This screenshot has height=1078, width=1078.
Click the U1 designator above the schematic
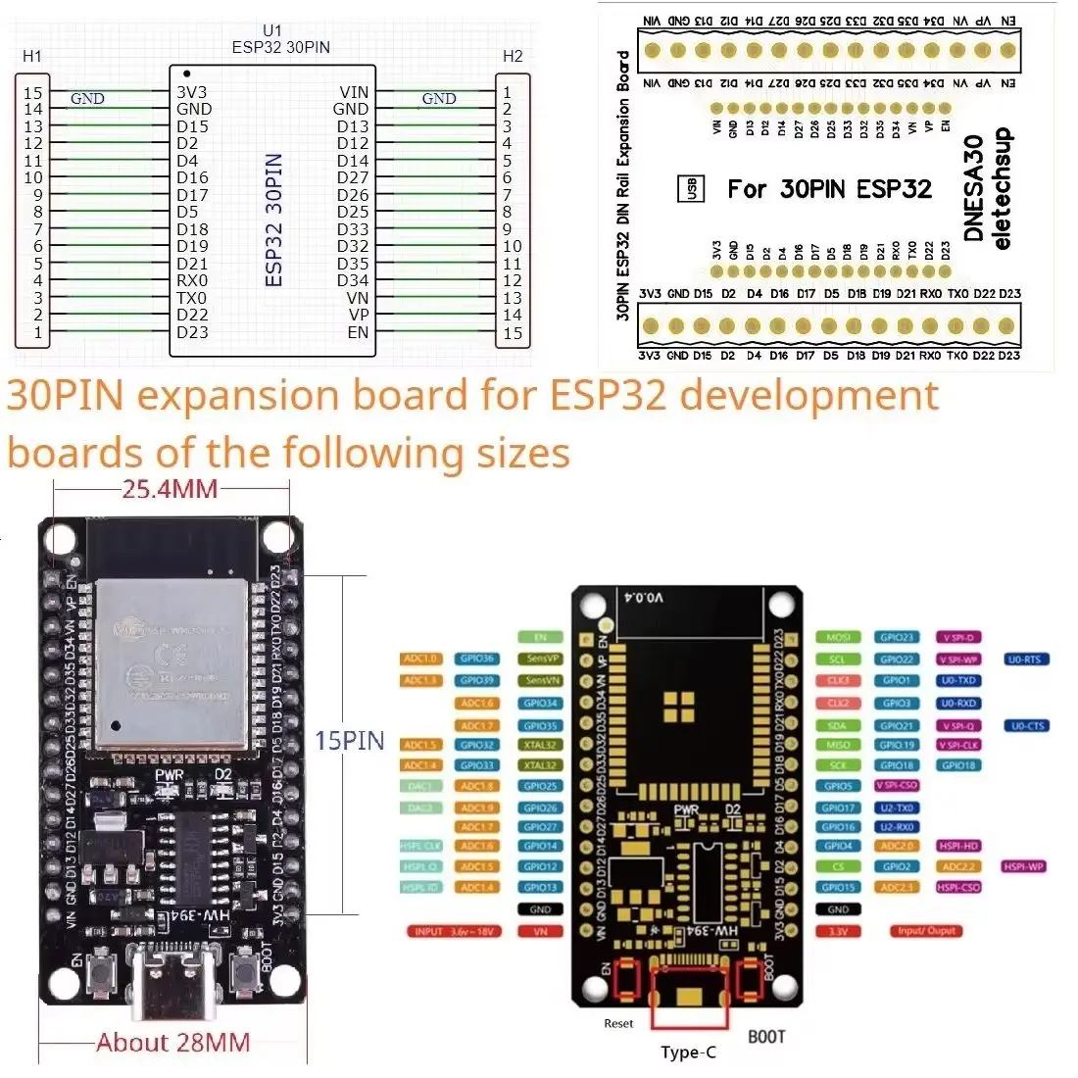pyautogui.click(x=271, y=31)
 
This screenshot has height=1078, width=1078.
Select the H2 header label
pyautogui.click(x=513, y=56)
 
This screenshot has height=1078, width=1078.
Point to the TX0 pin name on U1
pyautogui.click(x=192, y=298)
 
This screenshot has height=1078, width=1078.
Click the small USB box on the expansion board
pyautogui.click(x=691, y=189)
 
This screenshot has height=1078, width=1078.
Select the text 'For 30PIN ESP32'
pyautogui.click(x=829, y=189)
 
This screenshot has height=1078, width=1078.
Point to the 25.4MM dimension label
pyautogui.click(x=170, y=488)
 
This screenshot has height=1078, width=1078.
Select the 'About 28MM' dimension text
pyautogui.click(x=173, y=1043)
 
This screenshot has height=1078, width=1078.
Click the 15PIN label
pyautogui.click(x=349, y=741)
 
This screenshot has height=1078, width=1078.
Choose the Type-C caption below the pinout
pyautogui.click(x=688, y=1053)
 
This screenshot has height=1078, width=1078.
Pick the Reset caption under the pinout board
pyautogui.click(x=618, y=1023)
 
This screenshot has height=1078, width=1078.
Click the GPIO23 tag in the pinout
pyautogui.click(x=897, y=638)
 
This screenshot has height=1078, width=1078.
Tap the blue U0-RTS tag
pyautogui.click(x=1025, y=660)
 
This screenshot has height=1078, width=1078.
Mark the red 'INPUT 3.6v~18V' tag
pyautogui.click(x=454, y=931)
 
